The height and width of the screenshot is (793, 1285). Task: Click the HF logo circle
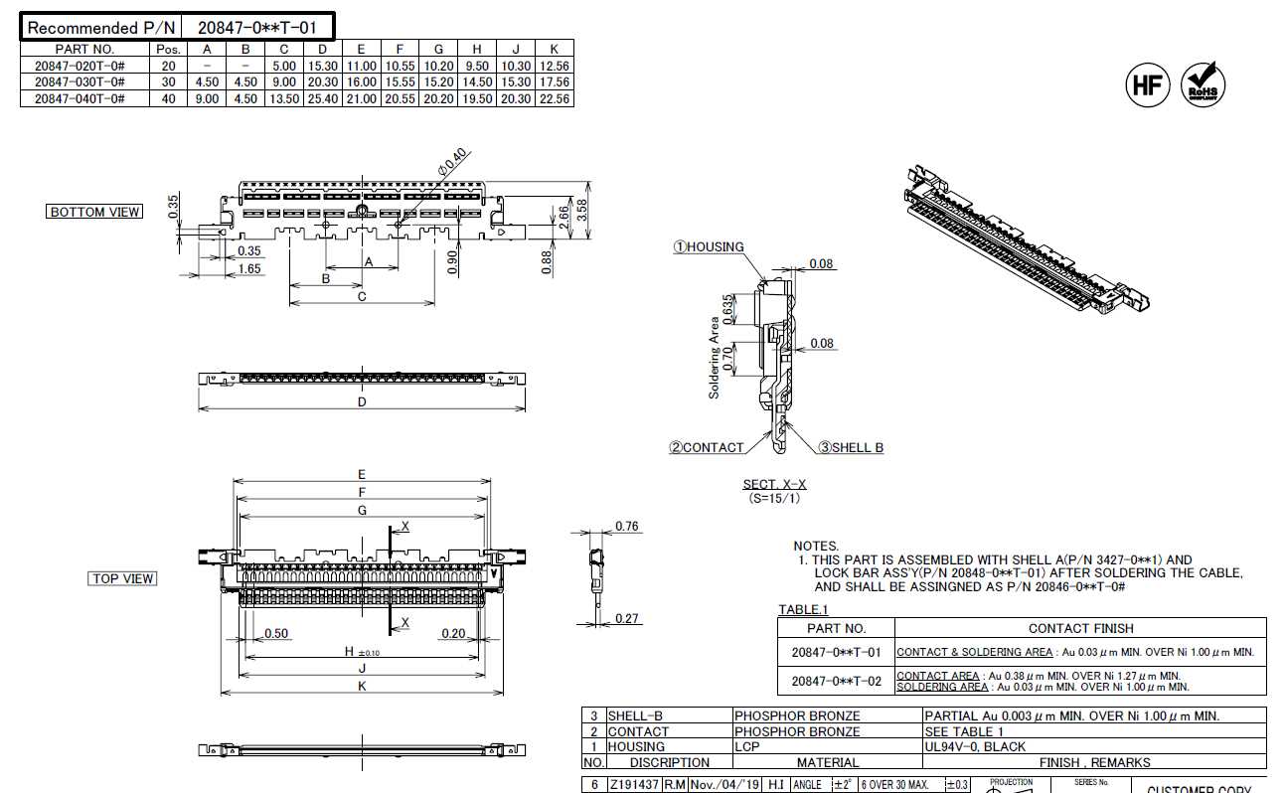(1147, 85)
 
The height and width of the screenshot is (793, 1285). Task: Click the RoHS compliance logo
(1204, 85)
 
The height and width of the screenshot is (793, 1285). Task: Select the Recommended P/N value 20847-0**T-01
(257, 28)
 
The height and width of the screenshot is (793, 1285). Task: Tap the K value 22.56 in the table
(555, 98)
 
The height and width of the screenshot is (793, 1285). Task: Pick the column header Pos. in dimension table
(168, 49)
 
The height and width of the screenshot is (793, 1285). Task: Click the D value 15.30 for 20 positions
(323, 66)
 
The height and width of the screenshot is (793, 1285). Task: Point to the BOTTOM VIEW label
(95, 212)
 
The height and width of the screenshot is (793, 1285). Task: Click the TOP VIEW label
(123, 578)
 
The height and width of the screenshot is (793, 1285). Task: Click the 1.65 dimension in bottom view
(249, 269)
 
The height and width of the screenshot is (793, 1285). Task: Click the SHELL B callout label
(851, 448)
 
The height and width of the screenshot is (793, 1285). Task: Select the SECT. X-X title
(775, 485)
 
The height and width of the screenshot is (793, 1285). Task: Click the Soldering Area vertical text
(714, 358)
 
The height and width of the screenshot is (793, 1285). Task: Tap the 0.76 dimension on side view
(627, 527)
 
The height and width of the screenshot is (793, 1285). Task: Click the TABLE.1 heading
(803, 609)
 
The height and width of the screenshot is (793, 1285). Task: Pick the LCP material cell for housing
(747, 746)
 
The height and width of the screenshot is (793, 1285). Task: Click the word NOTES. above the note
(816, 546)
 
